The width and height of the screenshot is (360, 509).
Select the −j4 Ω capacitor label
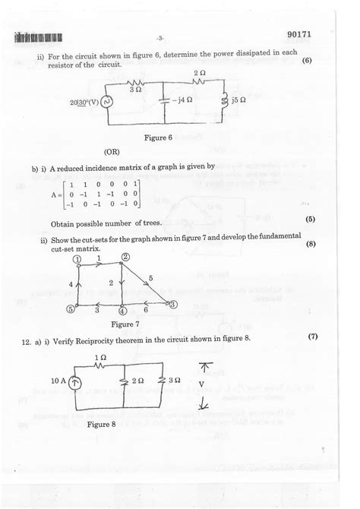[x=183, y=100]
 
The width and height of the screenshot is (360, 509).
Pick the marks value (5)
[x=310, y=220]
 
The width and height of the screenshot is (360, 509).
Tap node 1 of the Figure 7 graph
[x=77, y=259]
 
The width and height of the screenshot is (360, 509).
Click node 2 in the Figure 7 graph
[x=126, y=258]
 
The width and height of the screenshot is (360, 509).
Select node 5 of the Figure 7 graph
[x=71, y=309]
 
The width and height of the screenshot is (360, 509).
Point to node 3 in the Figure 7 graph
[x=172, y=304]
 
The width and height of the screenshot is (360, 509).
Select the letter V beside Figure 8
[x=201, y=384]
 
